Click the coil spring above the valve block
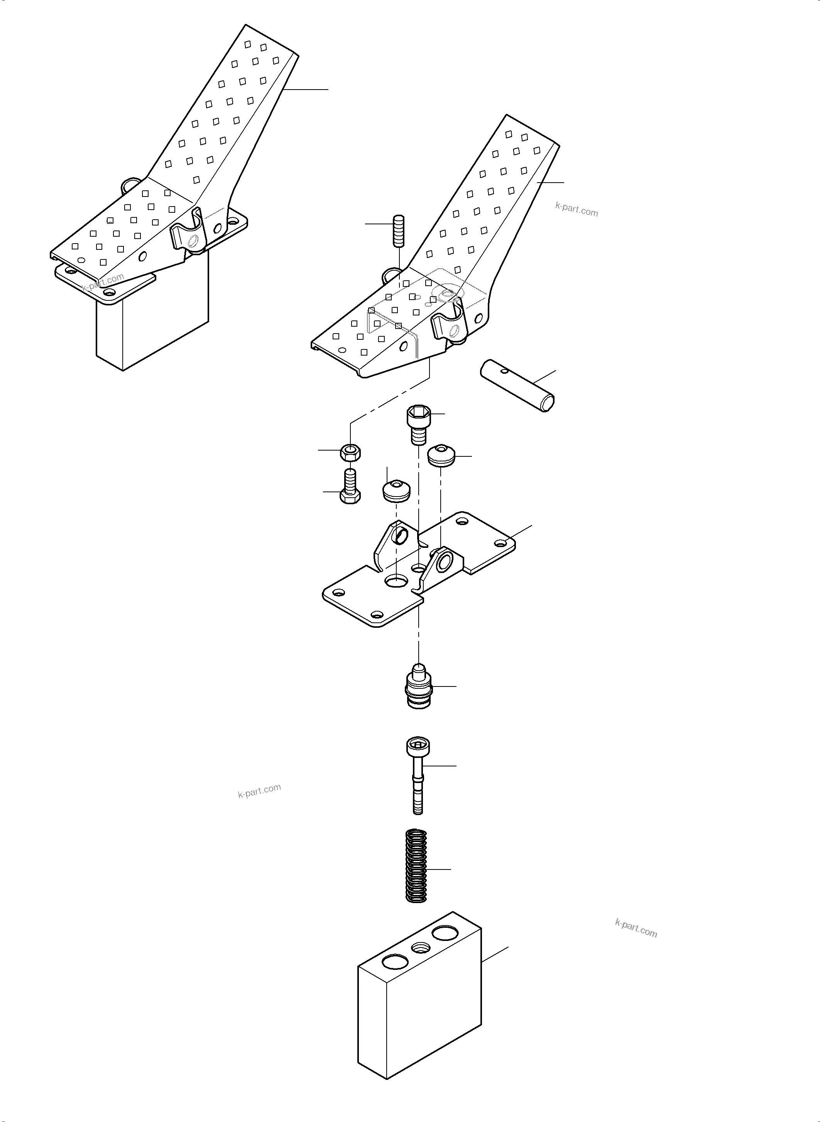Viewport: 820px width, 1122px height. point(417,866)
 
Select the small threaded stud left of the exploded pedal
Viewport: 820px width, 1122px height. point(399,231)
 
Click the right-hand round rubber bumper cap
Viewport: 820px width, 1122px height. point(441,455)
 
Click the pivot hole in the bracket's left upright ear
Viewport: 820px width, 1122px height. point(401,535)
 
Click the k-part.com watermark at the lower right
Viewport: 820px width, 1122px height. point(636,928)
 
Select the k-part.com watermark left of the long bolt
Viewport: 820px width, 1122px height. point(259,790)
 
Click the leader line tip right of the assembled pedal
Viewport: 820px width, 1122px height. point(328,90)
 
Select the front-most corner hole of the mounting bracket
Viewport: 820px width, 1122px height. point(377,614)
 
